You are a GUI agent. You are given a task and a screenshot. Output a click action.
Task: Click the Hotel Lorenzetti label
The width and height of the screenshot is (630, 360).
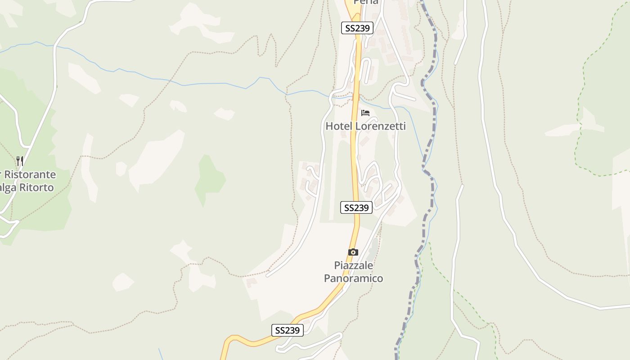[x=365, y=126]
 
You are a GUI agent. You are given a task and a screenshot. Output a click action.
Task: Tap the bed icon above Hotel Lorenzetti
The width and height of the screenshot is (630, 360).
[x=365, y=112]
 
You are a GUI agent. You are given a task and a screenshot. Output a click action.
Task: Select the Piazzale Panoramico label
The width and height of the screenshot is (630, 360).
[x=354, y=272]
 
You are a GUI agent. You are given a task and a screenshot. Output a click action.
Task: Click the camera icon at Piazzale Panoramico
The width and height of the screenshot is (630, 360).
[x=353, y=252]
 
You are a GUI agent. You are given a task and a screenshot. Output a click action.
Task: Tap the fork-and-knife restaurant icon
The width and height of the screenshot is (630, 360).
[x=20, y=161]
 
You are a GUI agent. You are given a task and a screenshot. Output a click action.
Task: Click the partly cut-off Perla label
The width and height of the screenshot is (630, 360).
[x=366, y=2]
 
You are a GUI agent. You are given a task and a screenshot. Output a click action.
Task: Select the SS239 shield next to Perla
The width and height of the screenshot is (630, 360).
[x=357, y=28]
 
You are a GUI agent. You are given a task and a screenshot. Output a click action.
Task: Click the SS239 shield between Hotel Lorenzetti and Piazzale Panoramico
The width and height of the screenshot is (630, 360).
[x=356, y=207]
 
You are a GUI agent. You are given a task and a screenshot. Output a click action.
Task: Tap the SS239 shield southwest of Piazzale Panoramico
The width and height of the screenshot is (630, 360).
[x=288, y=330]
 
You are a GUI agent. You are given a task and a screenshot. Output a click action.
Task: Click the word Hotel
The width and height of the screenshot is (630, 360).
[x=339, y=126]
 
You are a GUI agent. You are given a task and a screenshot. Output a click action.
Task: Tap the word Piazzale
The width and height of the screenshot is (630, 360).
[x=354, y=265]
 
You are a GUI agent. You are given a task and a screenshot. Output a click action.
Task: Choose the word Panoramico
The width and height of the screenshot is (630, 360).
[x=354, y=278]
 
